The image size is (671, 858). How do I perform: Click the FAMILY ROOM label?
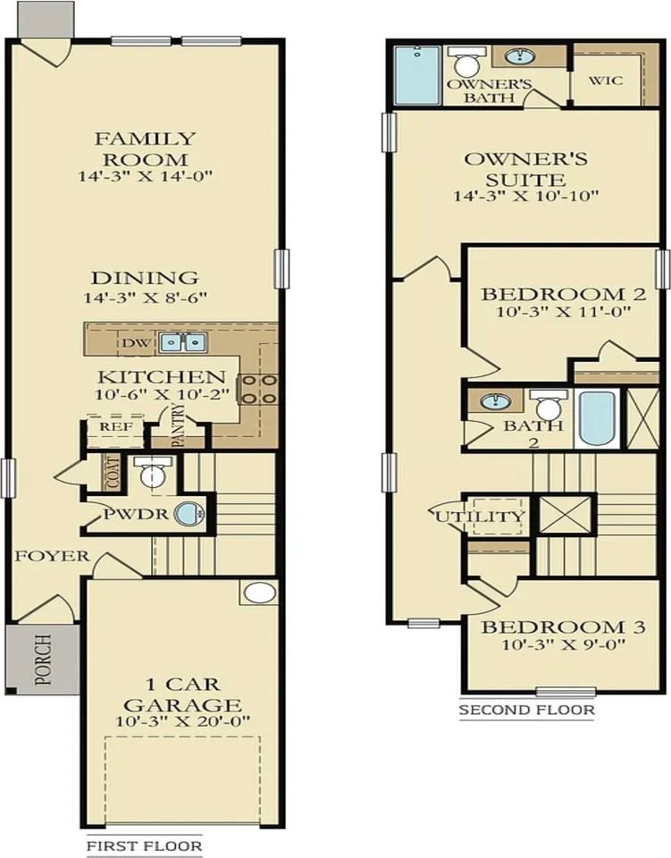point(145,148)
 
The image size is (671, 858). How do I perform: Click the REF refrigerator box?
point(116,427)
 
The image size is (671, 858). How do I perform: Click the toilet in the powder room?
point(155,472)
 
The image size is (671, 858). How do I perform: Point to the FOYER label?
point(52,556)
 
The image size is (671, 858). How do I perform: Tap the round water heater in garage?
point(259,593)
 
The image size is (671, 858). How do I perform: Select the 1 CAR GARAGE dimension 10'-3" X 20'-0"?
point(182,721)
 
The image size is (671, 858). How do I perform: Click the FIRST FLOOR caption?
point(143,845)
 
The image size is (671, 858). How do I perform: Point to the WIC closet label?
point(606,80)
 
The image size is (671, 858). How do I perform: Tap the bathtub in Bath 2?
point(596,418)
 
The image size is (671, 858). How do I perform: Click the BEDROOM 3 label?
point(564,627)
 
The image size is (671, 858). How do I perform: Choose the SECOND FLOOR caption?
point(526,711)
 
